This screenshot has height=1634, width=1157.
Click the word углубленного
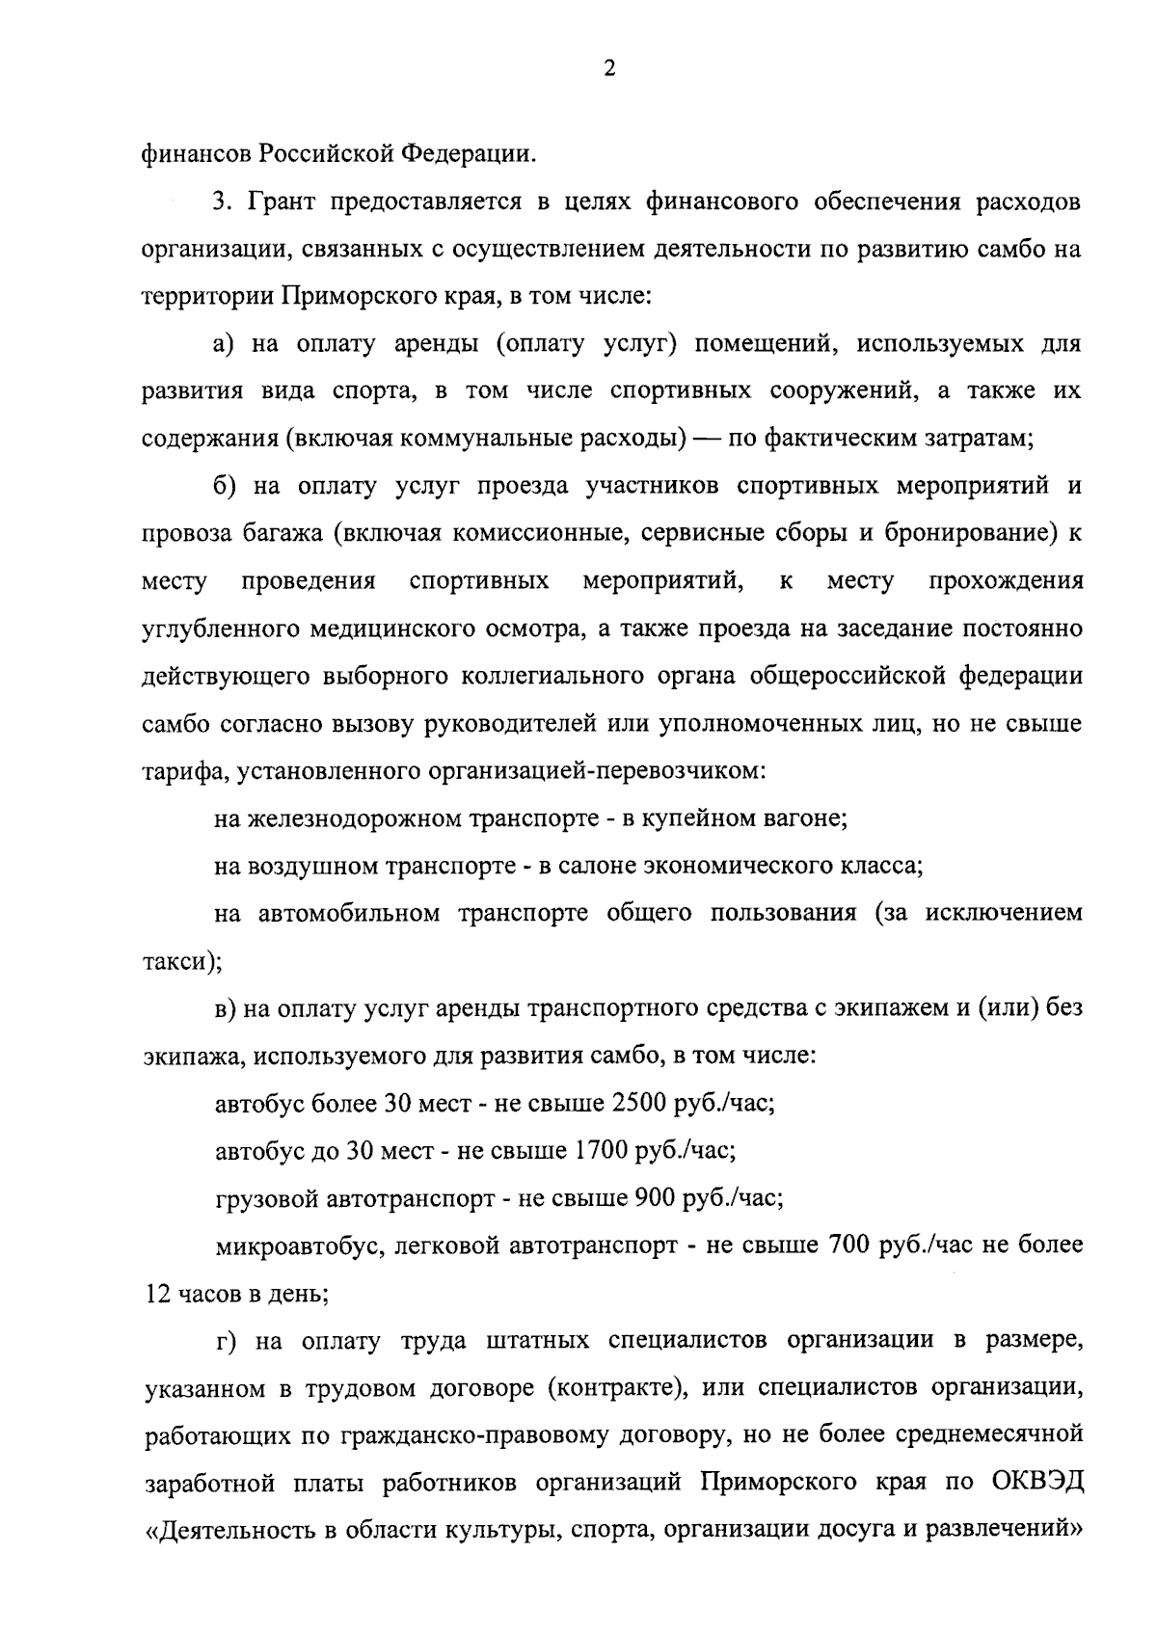[x=221, y=629]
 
